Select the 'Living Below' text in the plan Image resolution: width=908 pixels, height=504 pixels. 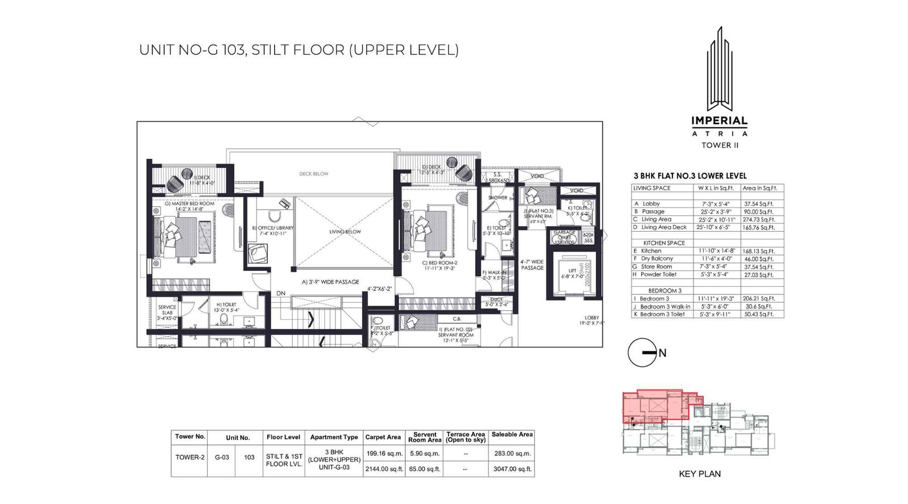click(x=345, y=231)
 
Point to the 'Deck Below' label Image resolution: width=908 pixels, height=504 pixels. click(x=314, y=174)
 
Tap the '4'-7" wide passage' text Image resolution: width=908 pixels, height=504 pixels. click(x=532, y=265)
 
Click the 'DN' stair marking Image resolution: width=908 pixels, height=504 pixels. click(x=281, y=293)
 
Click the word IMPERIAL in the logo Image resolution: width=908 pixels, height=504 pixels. click(x=719, y=121)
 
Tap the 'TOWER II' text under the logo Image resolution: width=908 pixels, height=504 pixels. click(x=720, y=145)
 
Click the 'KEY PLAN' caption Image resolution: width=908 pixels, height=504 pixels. click(x=699, y=474)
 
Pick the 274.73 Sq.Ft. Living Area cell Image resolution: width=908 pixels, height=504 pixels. click(x=759, y=219)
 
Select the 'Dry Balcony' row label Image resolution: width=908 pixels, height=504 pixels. click(x=657, y=259)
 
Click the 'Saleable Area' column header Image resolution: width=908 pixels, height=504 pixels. click(x=512, y=435)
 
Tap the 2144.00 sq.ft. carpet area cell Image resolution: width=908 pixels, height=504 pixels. click(x=384, y=469)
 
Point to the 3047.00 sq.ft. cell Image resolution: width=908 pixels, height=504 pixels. click(x=512, y=469)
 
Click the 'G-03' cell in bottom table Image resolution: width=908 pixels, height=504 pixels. click(x=221, y=457)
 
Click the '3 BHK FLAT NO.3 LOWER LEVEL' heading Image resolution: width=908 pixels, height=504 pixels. click(x=690, y=176)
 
